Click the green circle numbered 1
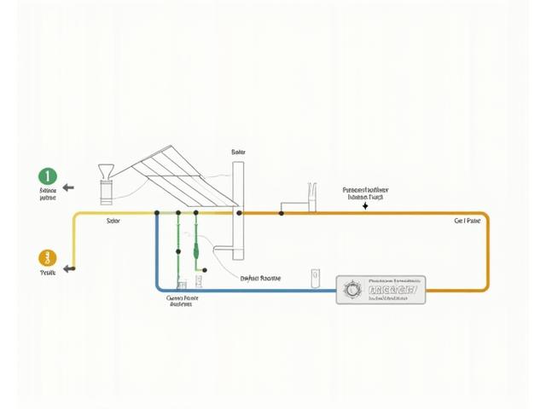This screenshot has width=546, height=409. (x=47, y=176)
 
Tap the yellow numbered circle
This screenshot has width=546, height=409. (x=47, y=256)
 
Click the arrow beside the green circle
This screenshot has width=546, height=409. (x=68, y=187)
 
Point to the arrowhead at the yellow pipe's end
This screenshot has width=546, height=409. (x=71, y=268)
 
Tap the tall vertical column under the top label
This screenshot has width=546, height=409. (x=238, y=204)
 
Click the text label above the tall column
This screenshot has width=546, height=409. (x=238, y=153)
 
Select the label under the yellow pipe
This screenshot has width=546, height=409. (x=113, y=221)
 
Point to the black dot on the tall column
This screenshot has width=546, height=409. (x=239, y=212)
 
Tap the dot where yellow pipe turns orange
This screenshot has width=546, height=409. (x=280, y=212)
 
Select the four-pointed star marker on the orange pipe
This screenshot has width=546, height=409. (x=365, y=206)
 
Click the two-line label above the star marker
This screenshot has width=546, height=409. (x=365, y=193)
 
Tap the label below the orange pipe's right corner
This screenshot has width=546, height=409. (x=468, y=220)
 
